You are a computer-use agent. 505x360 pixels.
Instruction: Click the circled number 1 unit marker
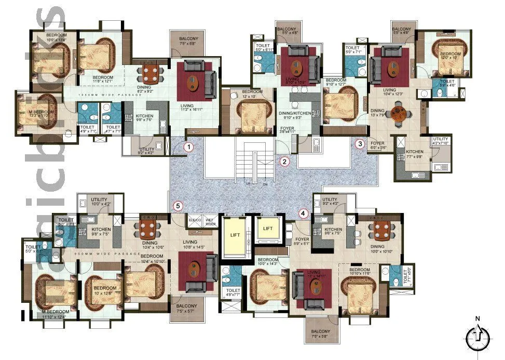pos(189,147)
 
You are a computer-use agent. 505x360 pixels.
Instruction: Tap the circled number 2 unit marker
pos(284,161)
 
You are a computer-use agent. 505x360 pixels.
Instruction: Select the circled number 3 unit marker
pos(360,144)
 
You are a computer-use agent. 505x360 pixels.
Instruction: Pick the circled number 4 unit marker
pos(303,213)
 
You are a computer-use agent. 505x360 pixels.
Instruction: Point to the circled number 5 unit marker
pos(179,206)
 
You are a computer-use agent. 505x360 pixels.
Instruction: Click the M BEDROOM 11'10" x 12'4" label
pos(58,313)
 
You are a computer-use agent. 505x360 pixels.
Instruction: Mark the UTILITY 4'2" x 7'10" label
pos(441,142)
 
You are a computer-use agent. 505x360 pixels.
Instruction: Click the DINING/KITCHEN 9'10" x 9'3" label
pos(294,115)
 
